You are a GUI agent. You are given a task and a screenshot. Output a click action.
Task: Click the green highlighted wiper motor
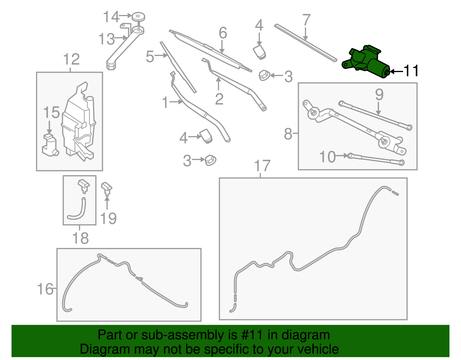tap(366, 62)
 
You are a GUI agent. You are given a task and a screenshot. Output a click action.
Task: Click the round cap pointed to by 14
tap(138, 17)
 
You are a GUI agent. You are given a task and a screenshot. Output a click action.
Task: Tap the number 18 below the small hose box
tap(80, 239)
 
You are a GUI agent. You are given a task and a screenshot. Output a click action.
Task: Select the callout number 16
tap(45, 289)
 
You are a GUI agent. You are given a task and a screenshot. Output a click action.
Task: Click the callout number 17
tap(262, 166)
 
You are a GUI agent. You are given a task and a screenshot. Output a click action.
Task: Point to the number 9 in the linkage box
tap(379, 95)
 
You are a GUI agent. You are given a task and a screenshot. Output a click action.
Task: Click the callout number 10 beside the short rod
tap(328, 157)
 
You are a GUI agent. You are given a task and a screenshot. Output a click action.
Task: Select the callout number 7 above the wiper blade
tap(307, 20)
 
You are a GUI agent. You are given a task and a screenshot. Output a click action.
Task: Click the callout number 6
tap(223, 33)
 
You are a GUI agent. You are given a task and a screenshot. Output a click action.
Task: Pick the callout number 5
tap(150, 56)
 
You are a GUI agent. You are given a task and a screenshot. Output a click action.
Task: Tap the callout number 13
tap(106, 39)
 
